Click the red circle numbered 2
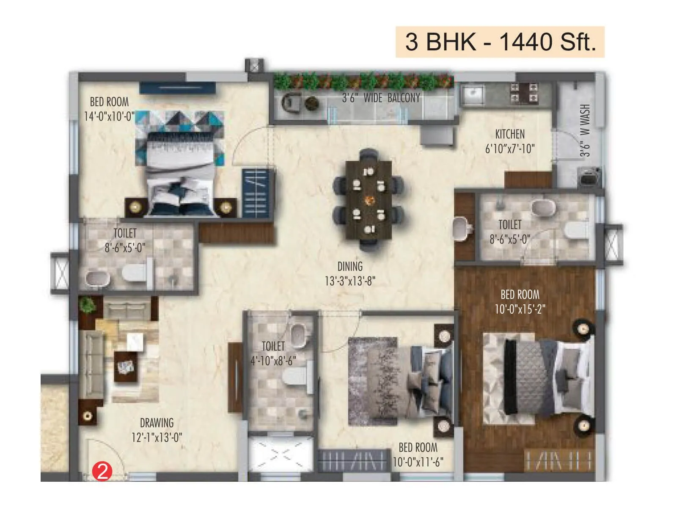click(102, 471)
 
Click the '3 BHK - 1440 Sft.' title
click(500, 42)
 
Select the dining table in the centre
click(369, 199)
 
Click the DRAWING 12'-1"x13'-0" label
click(157, 430)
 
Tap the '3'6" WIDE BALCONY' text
click(381, 98)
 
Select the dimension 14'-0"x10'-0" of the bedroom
click(109, 116)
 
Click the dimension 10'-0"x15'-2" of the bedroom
click(520, 309)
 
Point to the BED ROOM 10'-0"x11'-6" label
click(418, 455)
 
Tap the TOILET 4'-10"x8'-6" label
click(273, 353)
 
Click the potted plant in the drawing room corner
click(88, 304)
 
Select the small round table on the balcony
click(312, 103)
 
